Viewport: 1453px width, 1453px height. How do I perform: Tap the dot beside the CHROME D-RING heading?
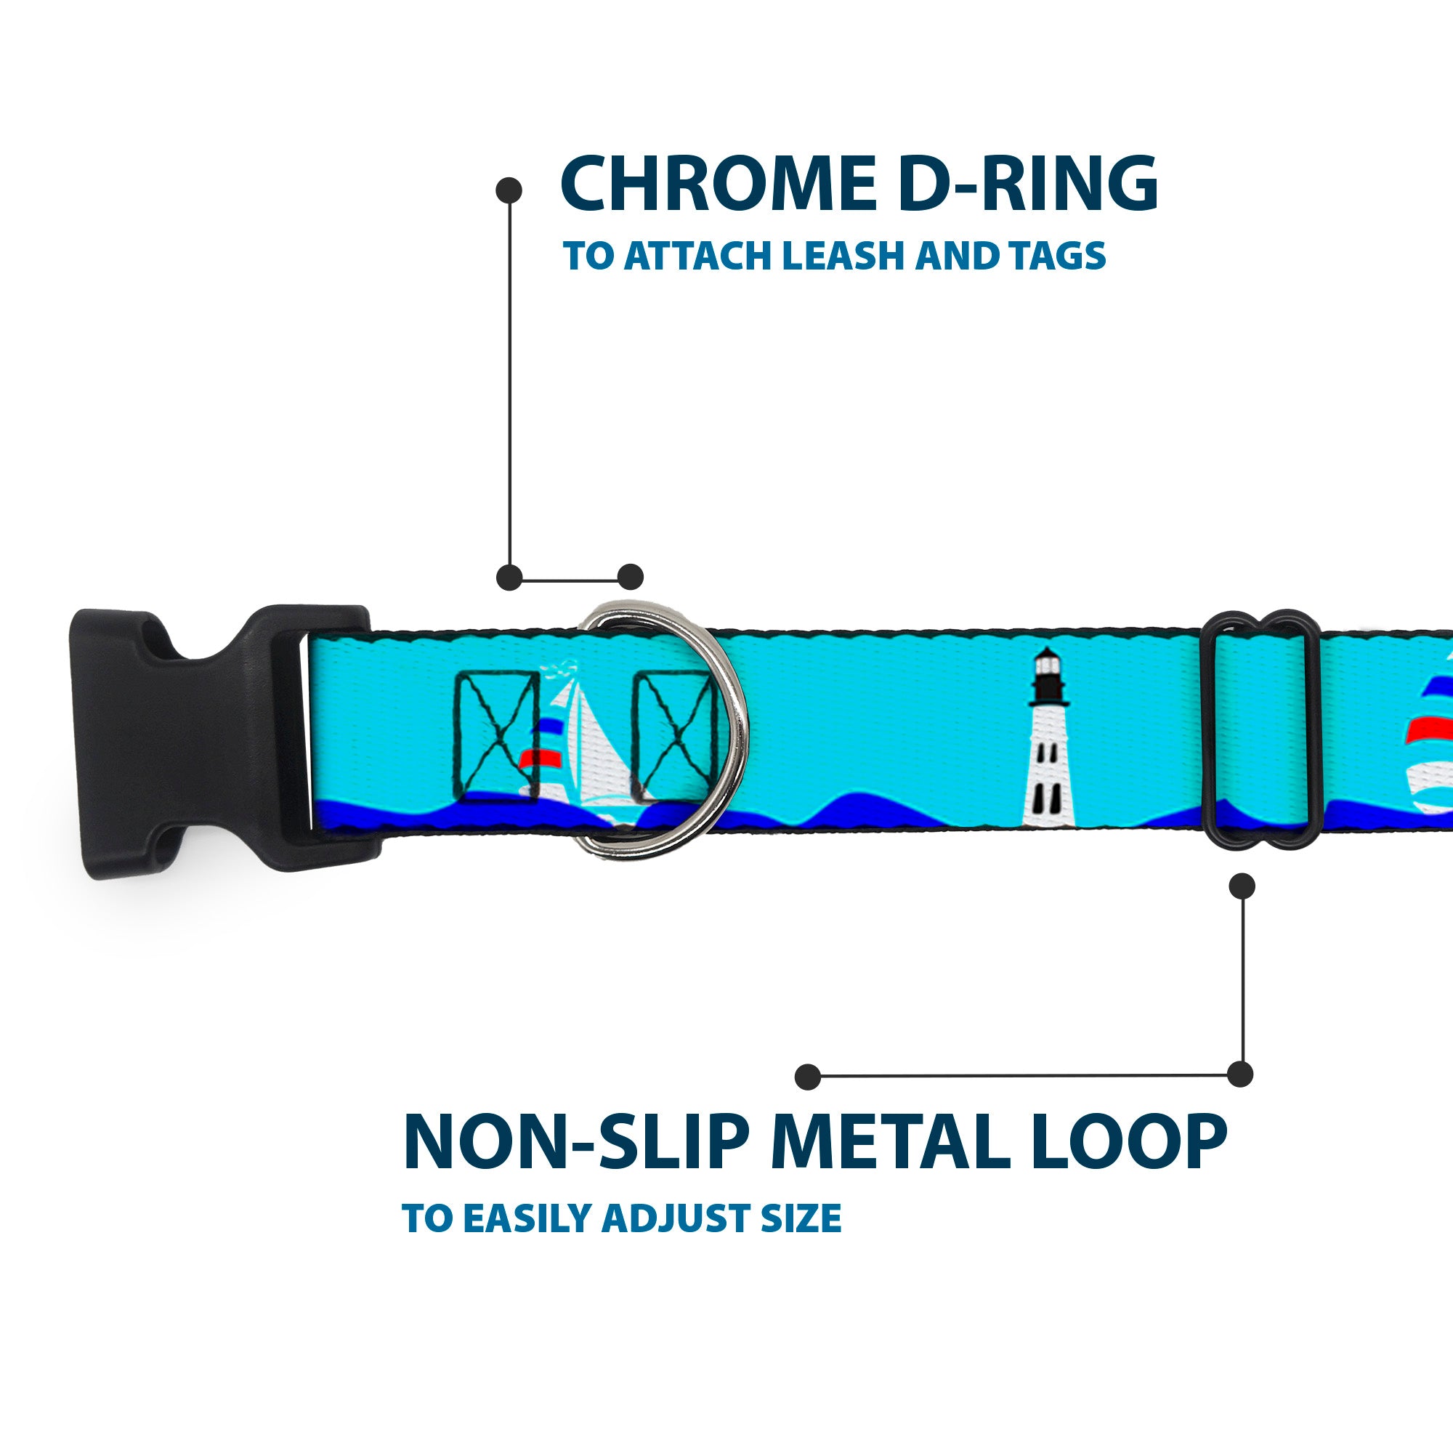pos(509,190)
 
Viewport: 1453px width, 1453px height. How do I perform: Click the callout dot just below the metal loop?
pos(1242,886)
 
